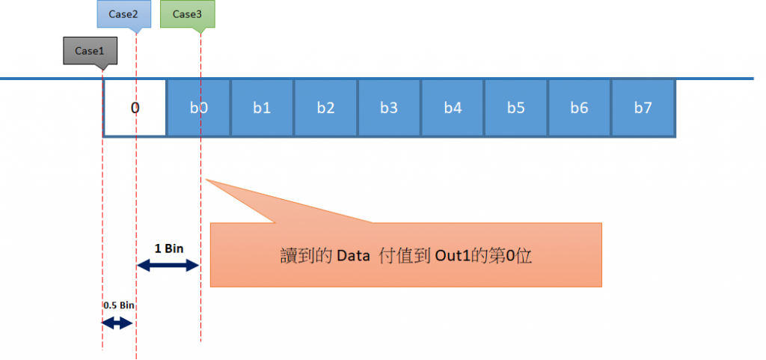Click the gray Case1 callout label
85,52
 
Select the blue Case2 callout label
124,14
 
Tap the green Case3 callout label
187,14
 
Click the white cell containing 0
135,108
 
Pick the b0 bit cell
198,108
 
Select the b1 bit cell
262,108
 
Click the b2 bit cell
325,108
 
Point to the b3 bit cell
389,108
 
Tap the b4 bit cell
453,108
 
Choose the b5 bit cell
516,108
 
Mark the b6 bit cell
580,108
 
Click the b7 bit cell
643,108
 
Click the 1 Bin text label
168,248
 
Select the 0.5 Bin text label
118,305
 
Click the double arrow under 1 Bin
168,265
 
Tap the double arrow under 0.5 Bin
118,323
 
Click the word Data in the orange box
354,255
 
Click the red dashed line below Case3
201,314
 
